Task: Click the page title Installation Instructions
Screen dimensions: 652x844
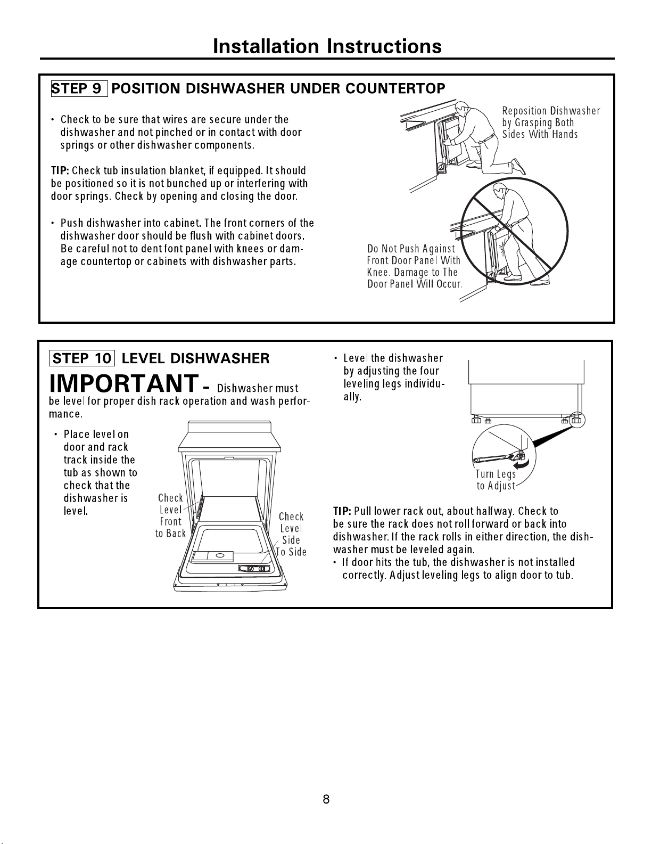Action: pyautogui.click(x=327, y=46)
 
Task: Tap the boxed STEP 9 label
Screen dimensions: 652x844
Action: pyautogui.click(x=79, y=88)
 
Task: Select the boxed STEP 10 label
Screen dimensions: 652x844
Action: pyautogui.click(x=82, y=358)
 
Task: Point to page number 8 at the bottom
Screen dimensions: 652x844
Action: pyautogui.click(x=326, y=799)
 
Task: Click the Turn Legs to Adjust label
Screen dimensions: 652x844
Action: pyautogui.click(x=496, y=480)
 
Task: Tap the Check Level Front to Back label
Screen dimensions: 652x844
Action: pyautogui.click(x=171, y=516)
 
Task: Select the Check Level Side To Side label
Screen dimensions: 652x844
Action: pyautogui.click(x=291, y=535)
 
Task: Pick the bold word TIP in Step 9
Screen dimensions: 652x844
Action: pyautogui.click(x=60, y=171)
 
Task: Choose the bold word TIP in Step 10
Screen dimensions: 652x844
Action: pyautogui.click(x=342, y=511)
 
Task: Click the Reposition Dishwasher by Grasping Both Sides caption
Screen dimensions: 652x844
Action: pyautogui.click(x=551, y=122)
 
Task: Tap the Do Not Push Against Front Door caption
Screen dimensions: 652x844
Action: pyautogui.click(x=415, y=266)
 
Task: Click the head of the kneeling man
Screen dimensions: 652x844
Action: pyautogui.click(x=462, y=108)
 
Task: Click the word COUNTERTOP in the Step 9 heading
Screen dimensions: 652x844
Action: pyautogui.click(x=395, y=88)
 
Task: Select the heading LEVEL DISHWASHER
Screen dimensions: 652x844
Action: pyautogui.click(x=196, y=358)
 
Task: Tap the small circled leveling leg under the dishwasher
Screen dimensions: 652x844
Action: pyautogui.click(x=577, y=420)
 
